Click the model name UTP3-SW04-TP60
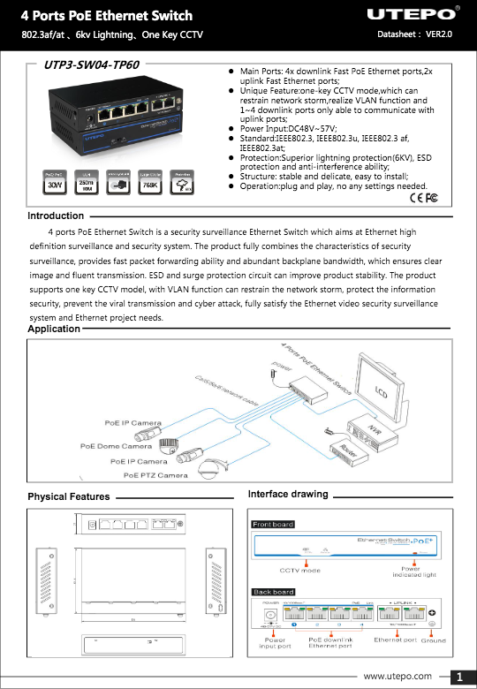pyautogui.click(x=92, y=64)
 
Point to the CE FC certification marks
pyautogui.click(x=425, y=196)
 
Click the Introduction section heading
pyautogui.click(x=56, y=216)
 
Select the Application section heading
pyautogui.click(x=54, y=329)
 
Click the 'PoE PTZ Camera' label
pyautogui.click(x=155, y=475)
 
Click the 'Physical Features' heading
pyautogui.click(x=69, y=496)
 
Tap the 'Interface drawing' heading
pyautogui.click(x=288, y=494)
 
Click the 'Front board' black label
pyautogui.click(x=273, y=525)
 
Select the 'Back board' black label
pyautogui.click(x=273, y=592)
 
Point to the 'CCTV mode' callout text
pyautogui.click(x=300, y=570)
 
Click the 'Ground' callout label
pyautogui.click(x=433, y=640)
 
